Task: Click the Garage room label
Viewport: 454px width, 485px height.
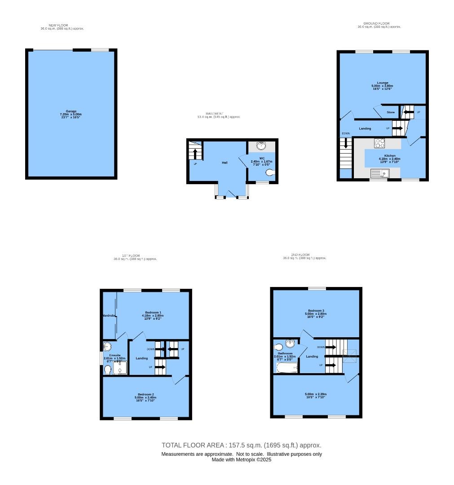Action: [x=71, y=111]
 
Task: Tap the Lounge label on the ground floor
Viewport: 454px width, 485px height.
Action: [x=383, y=83]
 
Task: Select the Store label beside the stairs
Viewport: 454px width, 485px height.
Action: [x=390, y=112]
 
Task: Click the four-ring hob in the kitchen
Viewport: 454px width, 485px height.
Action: [x=380, y=143]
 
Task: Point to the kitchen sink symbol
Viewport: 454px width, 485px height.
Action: [x=380, y=173]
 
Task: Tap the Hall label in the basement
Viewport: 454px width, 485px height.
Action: [x=224, y=162]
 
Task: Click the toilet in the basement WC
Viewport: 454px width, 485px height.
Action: [x=270, y=173]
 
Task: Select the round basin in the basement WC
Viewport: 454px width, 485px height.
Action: [x=261, y=145]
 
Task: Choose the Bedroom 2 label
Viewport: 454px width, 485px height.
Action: [x=146, y=394]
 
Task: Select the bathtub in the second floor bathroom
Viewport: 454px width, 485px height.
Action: [x=287, y=368]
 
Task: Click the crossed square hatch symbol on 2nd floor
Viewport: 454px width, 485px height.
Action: [x=350, y=356]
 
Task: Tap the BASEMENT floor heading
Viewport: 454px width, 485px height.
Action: [x=215, y=114]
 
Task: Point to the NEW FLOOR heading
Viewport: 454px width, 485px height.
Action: [x=58, y=25]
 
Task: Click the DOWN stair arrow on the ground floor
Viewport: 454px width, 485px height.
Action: [x=346, y=143]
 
